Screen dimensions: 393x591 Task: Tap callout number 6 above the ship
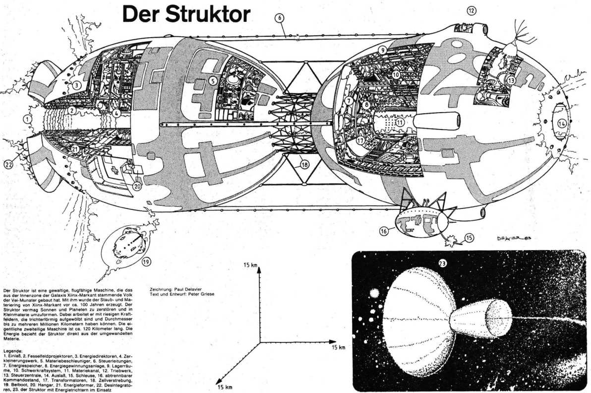click(x=280, y=17)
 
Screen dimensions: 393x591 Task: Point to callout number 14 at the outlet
click(x=561, y=123)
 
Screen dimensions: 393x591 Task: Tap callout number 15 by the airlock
click(x=470, y=237)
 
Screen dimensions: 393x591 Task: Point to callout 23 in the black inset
click(x=443, y=264)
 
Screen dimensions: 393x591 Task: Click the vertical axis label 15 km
click(x=250, y=266)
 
